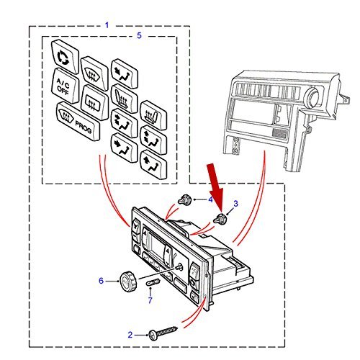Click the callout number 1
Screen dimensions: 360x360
click(107, 25)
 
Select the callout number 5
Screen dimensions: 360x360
click(139, 36)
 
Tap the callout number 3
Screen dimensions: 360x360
click(235, 204)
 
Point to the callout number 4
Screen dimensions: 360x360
click(210, 199)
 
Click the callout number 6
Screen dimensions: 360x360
click(102, 281)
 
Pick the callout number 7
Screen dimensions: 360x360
click(150, 300)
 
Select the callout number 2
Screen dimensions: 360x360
click(130, 335)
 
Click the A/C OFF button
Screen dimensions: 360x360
click(65, 86)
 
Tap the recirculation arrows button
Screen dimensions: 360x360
click(65, 57)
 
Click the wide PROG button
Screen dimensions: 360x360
click(78, 121)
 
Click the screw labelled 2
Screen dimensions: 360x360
click(163, 333)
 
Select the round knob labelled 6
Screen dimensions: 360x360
click(128, 282)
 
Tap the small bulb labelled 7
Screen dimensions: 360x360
click(153, 282)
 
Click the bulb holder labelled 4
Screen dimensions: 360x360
click(185, 199)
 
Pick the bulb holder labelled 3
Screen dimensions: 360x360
click(220, 218)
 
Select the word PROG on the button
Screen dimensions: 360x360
click(84, 127)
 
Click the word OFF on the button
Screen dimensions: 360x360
click(63, 90)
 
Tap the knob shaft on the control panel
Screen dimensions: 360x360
click(179, 266)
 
